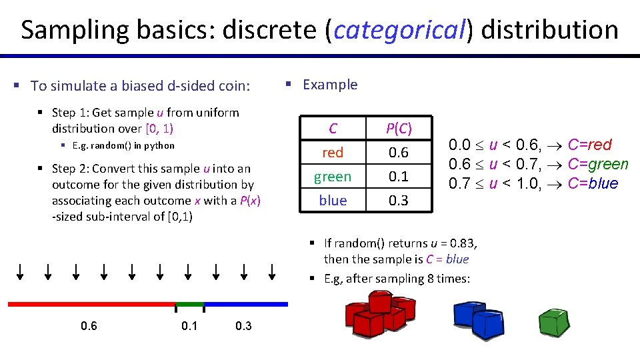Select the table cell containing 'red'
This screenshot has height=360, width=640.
tap(333, 153)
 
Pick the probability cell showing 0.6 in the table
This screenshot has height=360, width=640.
tap(399, 153)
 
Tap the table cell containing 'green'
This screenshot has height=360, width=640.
tap(333, 177)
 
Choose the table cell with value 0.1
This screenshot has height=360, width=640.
tap(399, 177)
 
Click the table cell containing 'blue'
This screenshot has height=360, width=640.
tap(333, 200)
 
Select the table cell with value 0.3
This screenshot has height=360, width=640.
tap(399, 200)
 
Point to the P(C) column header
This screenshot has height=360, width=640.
tap(399, 128)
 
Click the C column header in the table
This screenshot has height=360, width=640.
tap(333, 128)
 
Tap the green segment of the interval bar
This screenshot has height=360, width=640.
tap(189, 304)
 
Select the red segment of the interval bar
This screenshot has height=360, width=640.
tap(91, 304)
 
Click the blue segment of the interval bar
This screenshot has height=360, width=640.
tap(246, 304)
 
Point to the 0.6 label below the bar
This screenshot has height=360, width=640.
tap(89, 326)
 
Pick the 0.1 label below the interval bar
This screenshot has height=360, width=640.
tap(189, 326)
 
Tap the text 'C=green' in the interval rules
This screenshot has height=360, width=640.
tap(598, 164)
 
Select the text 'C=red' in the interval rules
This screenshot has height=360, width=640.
tap(589, 145)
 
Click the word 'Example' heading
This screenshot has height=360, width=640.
tap(330, 85)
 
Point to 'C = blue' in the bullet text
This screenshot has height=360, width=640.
tap(447, 259)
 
